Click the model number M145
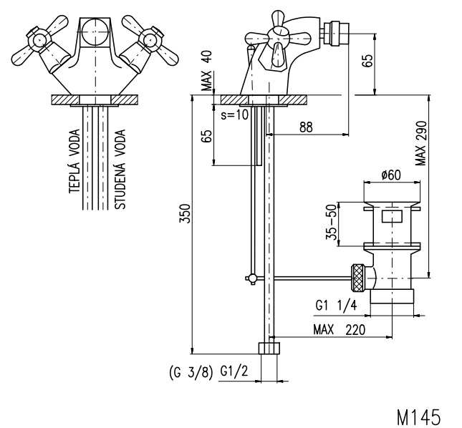coord(419,417)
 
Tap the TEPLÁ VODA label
coord(74,161)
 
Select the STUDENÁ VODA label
coord(120,169)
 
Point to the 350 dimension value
coord(186,213)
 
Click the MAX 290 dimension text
coord(420,143)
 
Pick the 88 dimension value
coord(306,127)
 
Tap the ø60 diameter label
coord(391,175)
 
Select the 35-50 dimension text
coord(332,222)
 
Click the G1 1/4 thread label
coord(336,306)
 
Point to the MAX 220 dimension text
coord(339,329)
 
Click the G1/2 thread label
coord(234,371)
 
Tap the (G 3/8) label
coord(191,373)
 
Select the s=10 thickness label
coord(235,115)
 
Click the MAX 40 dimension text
coord(207,71)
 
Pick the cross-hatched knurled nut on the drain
coord(359,278)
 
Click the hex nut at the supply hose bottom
coord(269,348)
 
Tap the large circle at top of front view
coord(95,31)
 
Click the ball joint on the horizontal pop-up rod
coord(252,278)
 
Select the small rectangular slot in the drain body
coord(392,216)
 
